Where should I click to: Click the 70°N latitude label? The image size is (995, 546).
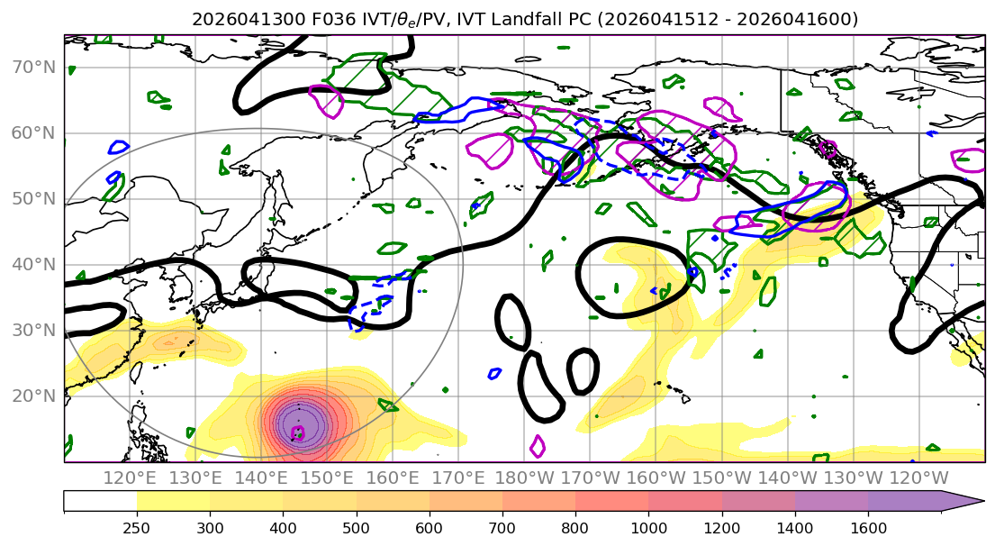click(33, 68)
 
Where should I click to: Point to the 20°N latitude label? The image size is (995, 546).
click(33, 396)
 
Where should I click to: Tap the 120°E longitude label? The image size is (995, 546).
click(130, 478)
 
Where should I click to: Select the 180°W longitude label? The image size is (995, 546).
click(524, 478)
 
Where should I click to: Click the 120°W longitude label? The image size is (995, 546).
click(918, 478)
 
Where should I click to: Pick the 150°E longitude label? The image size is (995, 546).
click(327, 478)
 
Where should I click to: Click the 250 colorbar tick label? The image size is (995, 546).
click(137, 528)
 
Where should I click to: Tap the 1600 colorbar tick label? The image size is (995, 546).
click(868, 528)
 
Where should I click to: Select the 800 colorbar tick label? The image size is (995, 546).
click(575, 528)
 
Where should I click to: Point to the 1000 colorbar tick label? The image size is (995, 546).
click(648, 528)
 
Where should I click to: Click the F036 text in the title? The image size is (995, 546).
click(333, 20)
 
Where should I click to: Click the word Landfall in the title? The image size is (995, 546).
click(519, 20)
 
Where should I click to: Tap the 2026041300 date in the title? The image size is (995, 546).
click(249, 20)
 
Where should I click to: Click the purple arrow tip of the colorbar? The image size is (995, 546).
click(982, 501)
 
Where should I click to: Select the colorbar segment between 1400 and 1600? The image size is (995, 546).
click(831, 501)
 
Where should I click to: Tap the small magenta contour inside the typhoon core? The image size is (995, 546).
click(298, 433)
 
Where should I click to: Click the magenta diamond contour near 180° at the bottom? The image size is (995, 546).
click(538, 446)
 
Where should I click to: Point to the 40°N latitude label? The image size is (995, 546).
click(33, 265)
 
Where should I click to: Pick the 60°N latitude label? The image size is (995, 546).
click(33, 133)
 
